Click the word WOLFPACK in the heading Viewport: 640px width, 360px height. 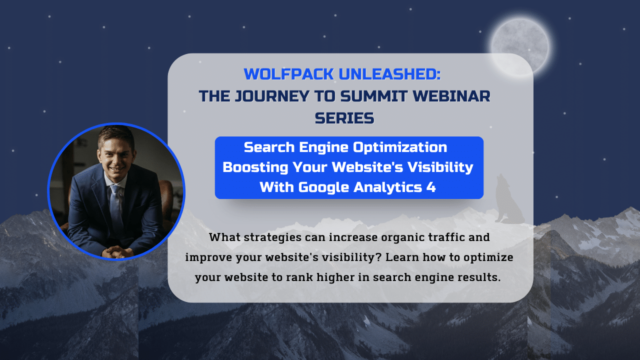pos(289,74)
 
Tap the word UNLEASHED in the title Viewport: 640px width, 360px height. pos(389,74)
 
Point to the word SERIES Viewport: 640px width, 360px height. pos(344,118)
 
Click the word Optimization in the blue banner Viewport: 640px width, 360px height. pos(400,147)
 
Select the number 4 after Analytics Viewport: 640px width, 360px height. pos(431,187)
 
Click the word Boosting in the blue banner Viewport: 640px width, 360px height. pos(255,167)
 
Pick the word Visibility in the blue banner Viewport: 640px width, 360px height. pos(440,167)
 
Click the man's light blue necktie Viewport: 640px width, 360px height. pos(116,205)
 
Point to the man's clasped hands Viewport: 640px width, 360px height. pos(117,252)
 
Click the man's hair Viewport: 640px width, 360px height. pos(115,135)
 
